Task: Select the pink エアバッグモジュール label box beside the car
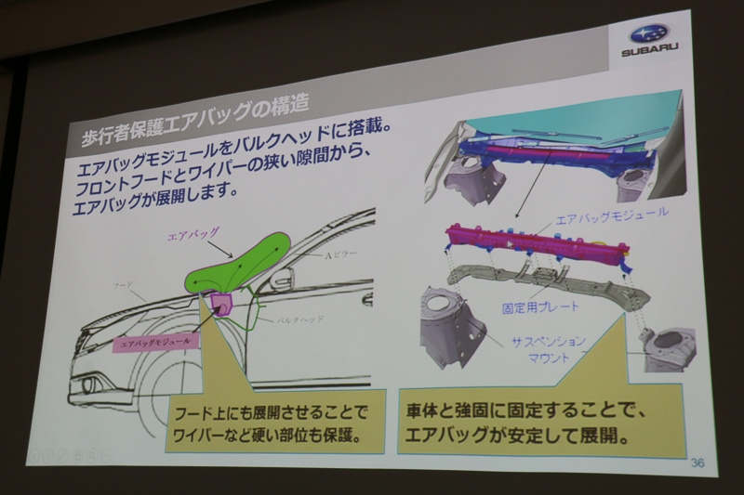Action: click(x=156, y=341)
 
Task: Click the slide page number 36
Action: click(x=698, y=461)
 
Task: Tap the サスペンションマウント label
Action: click(x=549, y=350)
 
